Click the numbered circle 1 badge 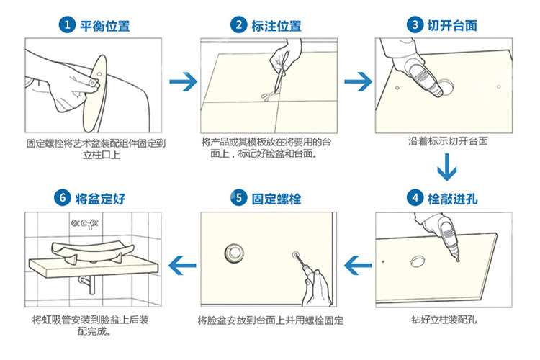click(x=67, y=24)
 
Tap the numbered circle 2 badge click(x=238, y=24)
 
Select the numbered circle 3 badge click(x=415, y=24)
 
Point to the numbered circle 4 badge click(x=415, y=198)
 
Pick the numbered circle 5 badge click(x=238, y=198)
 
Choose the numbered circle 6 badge click(x=63, y=198)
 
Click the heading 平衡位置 click(x=105, y=26)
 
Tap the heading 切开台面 click(x=452, y=25)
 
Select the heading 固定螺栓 click(x=276, y=199)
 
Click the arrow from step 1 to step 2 click(x=183, y=81)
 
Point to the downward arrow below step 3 click(x=447, y=167)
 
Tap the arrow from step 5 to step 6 click(x=182, y=265)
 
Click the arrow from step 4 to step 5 click(x=358, y=265)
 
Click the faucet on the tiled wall click(x=85, y=224)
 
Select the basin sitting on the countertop click(x=92, y=251)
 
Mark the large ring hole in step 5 click(x=235, y=253)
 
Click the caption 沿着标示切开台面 click(x=448, y=141)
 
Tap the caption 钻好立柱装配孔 click(x=444, y=320)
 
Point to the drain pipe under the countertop click(x=88, y=285)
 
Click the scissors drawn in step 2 click(x=266, y=96)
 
